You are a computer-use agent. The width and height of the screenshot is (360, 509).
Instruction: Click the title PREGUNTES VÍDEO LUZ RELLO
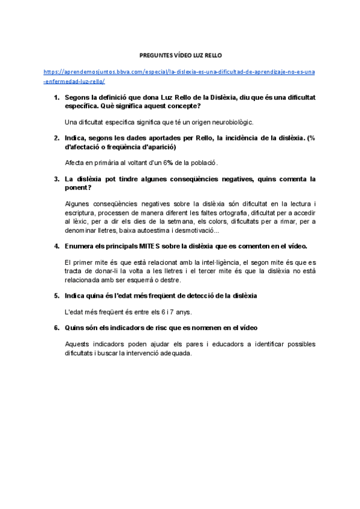click(x=180, y=54)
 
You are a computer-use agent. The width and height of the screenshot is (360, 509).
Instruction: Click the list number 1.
click(x=56, y=97)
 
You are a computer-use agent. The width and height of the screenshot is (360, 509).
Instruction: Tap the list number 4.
click(x=56, y=246)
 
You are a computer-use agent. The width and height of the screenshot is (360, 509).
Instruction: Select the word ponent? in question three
click(x=79, y=187)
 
